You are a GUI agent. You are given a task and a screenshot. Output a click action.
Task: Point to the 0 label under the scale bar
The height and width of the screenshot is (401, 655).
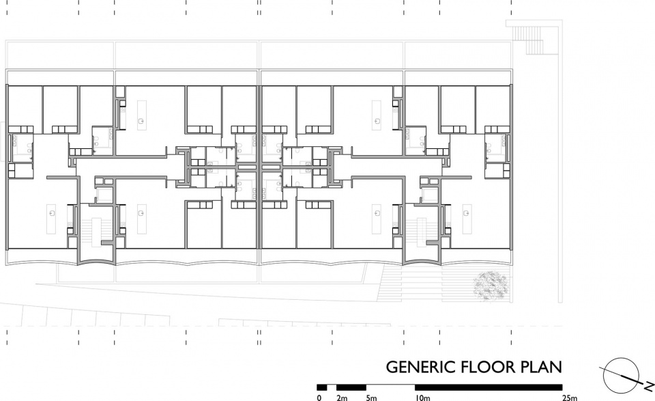click(x=319, y=398)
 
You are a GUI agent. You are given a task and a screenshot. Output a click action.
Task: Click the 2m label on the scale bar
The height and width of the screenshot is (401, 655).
click(x=342, y=398)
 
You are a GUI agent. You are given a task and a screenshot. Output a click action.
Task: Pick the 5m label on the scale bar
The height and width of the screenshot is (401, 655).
click(x=371, y=398)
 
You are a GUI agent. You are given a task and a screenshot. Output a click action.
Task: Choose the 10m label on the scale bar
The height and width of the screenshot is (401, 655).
click(x=422, y=398)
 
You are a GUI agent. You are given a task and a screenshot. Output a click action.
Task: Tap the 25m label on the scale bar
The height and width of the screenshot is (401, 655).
click(x=569, y=398)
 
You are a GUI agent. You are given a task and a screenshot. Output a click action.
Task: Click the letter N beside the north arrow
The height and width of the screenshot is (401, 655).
click(x=650, y=386)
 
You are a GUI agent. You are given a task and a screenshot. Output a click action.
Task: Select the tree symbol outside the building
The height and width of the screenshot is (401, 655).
click(x=491, y=286)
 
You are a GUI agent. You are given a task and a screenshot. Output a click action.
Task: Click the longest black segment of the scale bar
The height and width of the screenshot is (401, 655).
click(x=489, y=387)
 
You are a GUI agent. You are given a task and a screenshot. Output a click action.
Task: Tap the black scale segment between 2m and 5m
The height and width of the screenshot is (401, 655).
click(x=351, y=387)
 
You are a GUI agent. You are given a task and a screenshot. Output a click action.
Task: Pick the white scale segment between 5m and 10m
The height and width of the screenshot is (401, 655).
click(x=390, y=387)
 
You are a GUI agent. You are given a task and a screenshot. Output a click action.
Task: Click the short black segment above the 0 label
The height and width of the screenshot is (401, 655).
click(x=321, y=387)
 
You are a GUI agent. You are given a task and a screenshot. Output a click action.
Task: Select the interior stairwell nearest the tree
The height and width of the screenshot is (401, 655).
click(x=421, y=231)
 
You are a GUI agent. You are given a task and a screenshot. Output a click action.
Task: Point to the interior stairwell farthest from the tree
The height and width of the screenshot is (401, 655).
click(x=96, y=231)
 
